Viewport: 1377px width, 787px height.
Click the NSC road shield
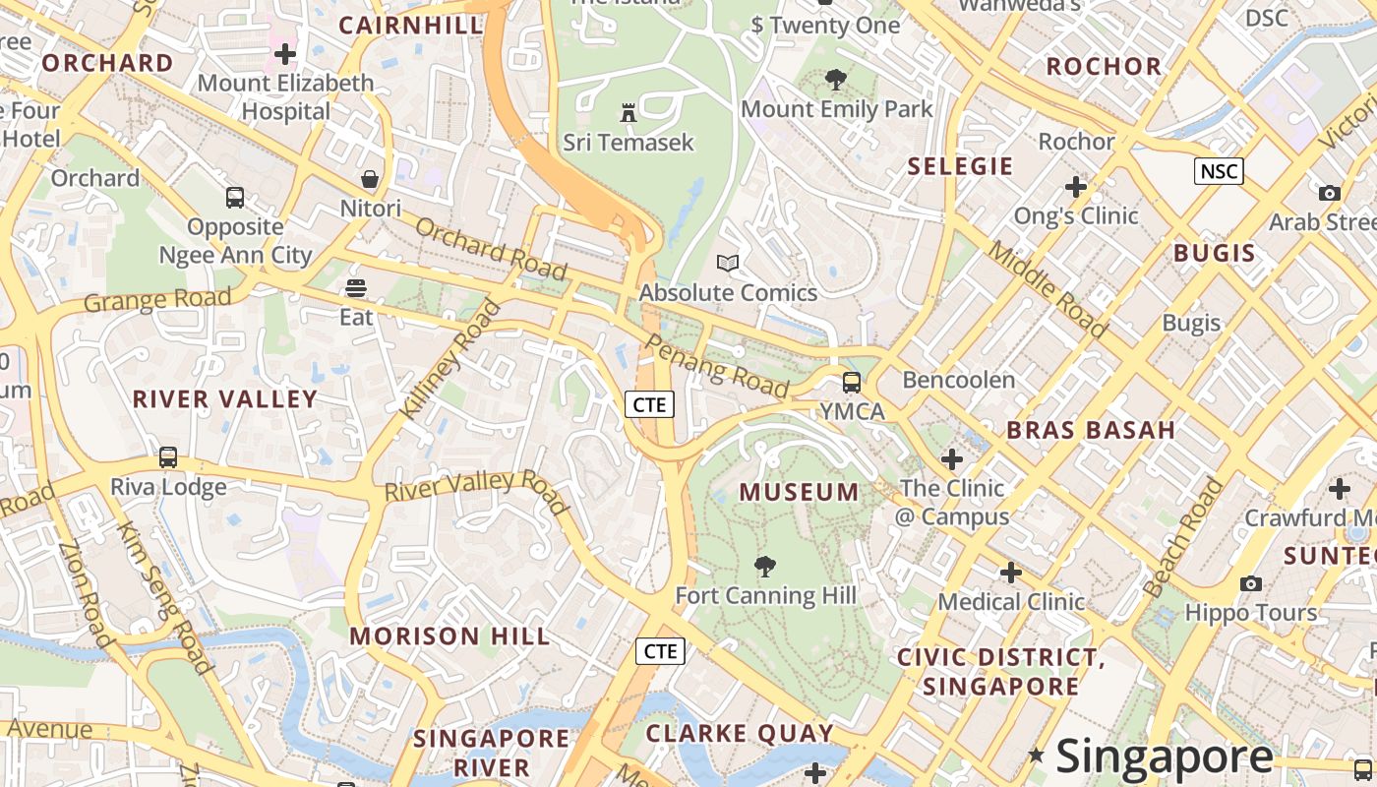pos(1219,171)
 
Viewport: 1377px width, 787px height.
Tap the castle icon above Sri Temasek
pos(629,113)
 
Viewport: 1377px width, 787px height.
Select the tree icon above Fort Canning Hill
pos(764,567)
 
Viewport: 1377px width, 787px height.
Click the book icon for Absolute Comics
pos(728,263)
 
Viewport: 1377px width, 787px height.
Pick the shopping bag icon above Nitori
pos(370,179)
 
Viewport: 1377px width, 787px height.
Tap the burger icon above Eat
pos(356,288)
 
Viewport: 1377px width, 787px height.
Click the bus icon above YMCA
pos(852,383)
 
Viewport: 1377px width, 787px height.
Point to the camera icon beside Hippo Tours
pos(1251,583)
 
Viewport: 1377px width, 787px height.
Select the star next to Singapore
pos(1036,755)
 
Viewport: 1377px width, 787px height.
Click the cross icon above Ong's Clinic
pos(1076,186)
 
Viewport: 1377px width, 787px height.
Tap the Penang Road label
pos(717,366)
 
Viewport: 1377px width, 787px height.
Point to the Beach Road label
pos(1184,538)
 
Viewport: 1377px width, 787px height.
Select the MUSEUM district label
pos(799,492)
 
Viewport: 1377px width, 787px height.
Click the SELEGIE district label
pos(960,166)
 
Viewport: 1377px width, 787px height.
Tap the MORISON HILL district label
pos(449,636)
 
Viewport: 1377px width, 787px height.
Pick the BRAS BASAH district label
pos(1091,430)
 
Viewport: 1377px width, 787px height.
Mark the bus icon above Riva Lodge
pos(168,457)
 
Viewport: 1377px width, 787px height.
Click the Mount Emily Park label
pos(836,109)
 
